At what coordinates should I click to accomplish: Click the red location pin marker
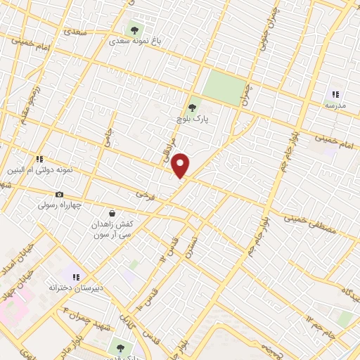[181, 165]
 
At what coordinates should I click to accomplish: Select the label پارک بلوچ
[190, 120]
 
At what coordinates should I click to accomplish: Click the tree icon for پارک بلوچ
[193, 108]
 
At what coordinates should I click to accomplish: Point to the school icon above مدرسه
[335, 94]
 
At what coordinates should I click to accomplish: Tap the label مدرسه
[335, 105]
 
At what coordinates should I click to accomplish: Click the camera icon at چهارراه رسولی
[59, 194]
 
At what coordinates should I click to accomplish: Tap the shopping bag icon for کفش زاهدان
[112, 212]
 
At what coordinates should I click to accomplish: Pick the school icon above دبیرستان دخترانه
[76, 277]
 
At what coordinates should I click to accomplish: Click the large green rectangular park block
[225, 88]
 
